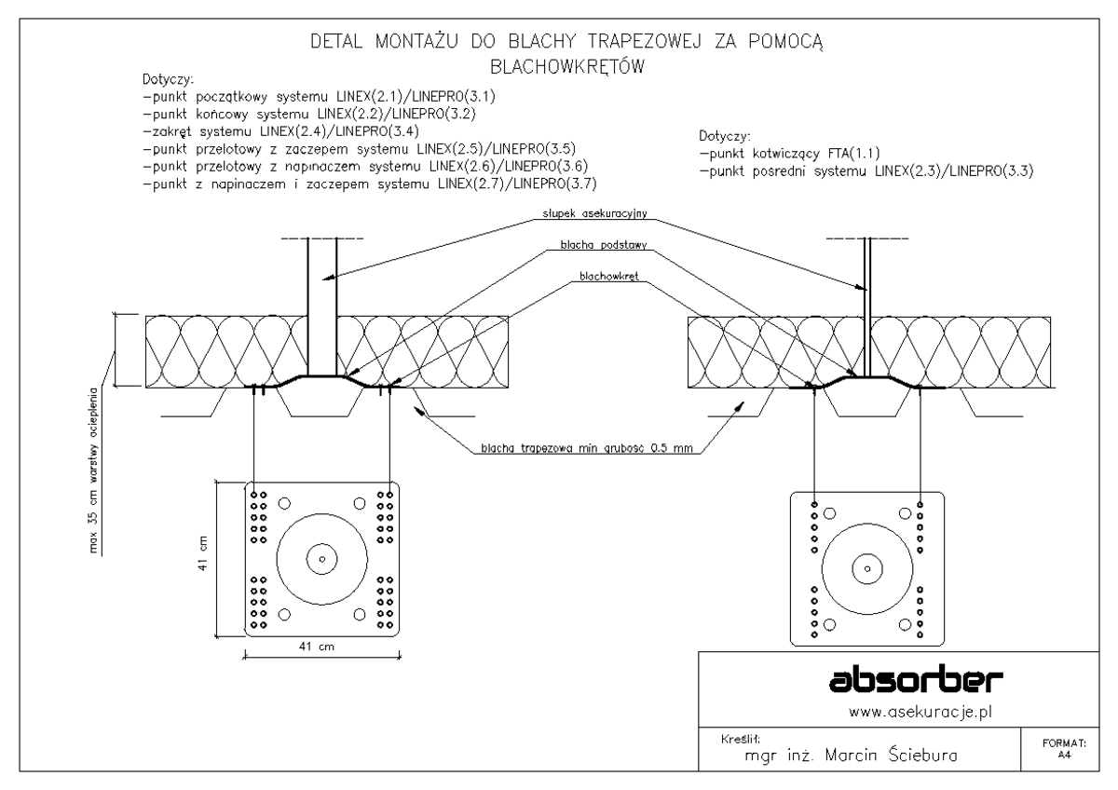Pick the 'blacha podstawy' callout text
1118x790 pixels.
[596, 247]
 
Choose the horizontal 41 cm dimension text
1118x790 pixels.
[322, 647]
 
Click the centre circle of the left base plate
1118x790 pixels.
[321, 559]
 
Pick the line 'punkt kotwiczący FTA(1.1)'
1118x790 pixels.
[792, 154]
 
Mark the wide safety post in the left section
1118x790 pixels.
[322, 298]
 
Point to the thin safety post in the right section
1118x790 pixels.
[866, 298]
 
